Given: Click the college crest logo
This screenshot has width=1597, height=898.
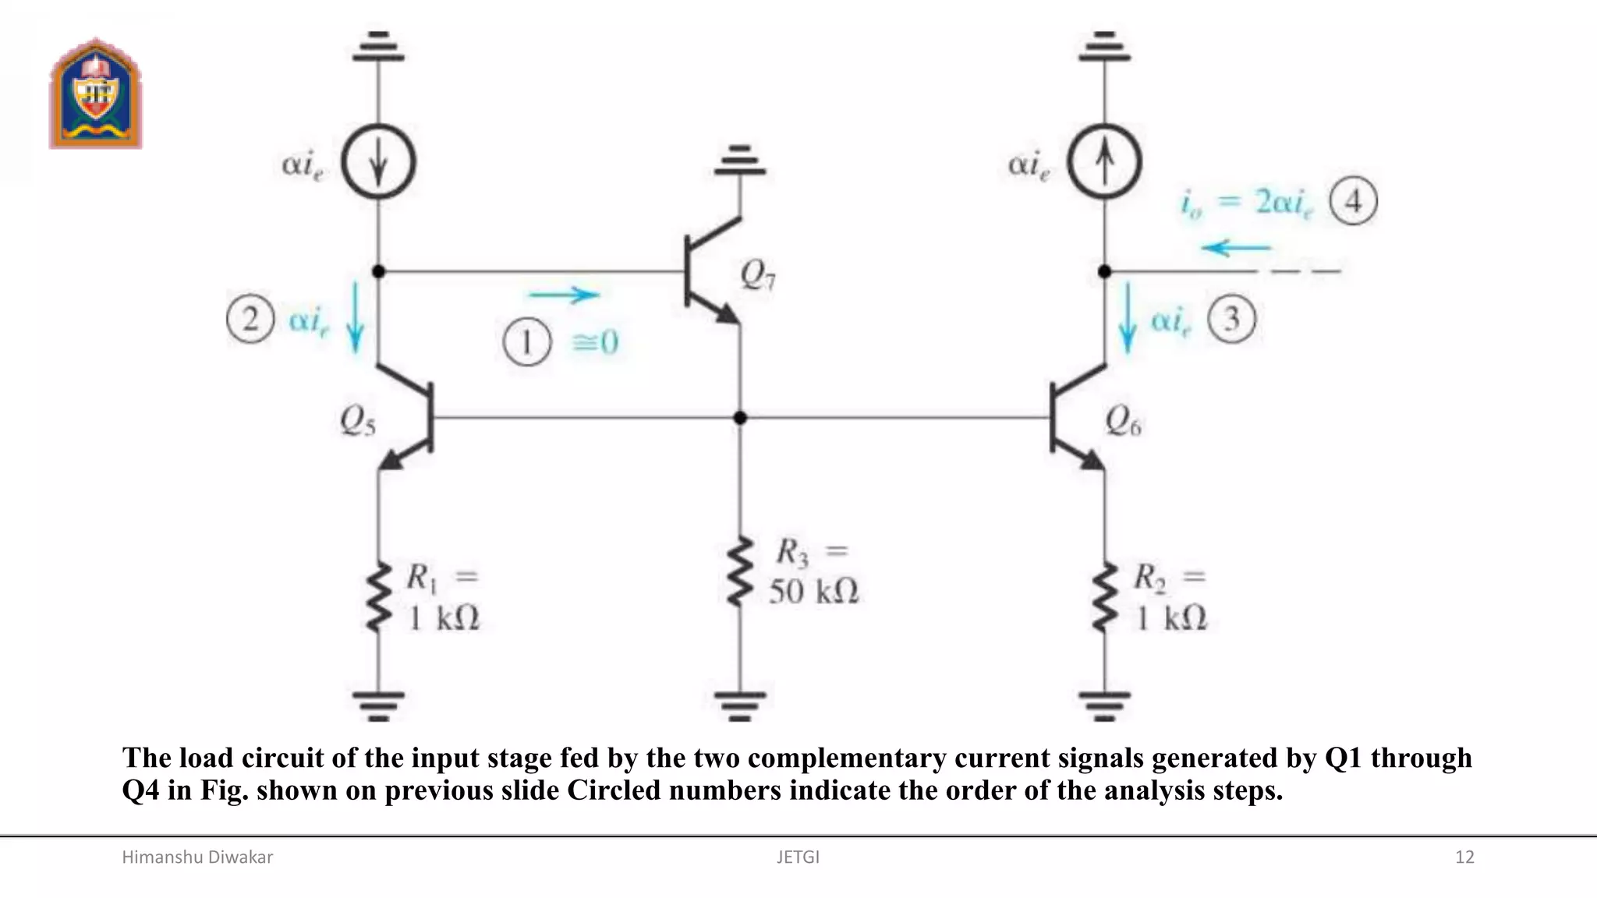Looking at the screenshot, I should point(95,94).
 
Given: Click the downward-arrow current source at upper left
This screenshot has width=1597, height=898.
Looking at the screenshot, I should point(378,163).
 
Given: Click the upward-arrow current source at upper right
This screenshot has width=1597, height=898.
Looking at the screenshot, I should point(1104,163).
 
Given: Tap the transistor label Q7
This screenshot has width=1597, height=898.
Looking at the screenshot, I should point(757,274).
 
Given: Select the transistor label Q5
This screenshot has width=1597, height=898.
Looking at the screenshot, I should point(357,422).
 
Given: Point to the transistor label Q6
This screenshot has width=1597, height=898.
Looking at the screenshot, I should point(1123,422).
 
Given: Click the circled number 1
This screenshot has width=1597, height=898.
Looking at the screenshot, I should point(527,343).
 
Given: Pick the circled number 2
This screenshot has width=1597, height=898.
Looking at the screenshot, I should point(250,320).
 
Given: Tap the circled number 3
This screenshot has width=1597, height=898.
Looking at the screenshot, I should point(1231,320).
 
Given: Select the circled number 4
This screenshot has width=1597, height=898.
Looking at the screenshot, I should point(1353,202).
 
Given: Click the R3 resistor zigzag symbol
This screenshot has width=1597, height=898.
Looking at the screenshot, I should point(739,571).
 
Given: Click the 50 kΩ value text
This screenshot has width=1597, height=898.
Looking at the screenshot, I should point(813,592).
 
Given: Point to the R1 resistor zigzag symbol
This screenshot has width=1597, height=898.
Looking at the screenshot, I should point(378,598).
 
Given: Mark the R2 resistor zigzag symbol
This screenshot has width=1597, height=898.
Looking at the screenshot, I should point(1104,598).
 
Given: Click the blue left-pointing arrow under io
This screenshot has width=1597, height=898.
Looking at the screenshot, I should point(1236,249).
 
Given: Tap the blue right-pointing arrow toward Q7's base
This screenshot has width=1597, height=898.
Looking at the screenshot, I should point(564,295).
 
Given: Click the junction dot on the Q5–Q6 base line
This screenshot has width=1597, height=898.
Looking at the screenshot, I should point(740,418).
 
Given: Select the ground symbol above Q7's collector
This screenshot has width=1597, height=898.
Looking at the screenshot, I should point(740,161).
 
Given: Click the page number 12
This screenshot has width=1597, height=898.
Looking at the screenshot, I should point(1464,857).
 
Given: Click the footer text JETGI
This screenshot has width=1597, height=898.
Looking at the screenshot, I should point(798,857).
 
